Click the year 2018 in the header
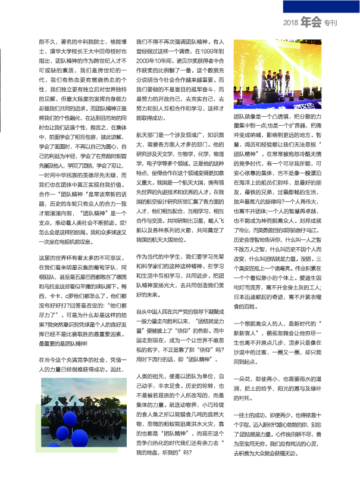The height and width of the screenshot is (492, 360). (290, 23)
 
